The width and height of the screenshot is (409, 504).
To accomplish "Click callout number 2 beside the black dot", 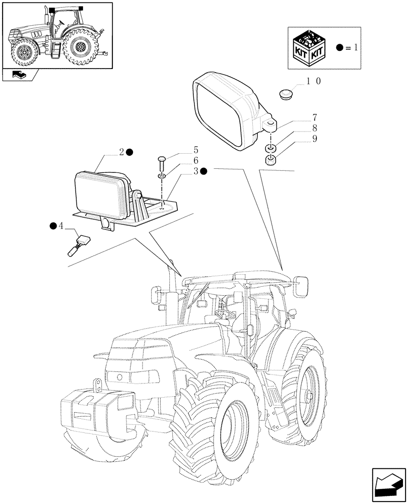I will [121, 152].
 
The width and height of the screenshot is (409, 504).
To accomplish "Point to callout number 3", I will [195, 171].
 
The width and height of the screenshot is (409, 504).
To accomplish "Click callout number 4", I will [61, 226].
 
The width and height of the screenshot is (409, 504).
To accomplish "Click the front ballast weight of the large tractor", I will [96, 413].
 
